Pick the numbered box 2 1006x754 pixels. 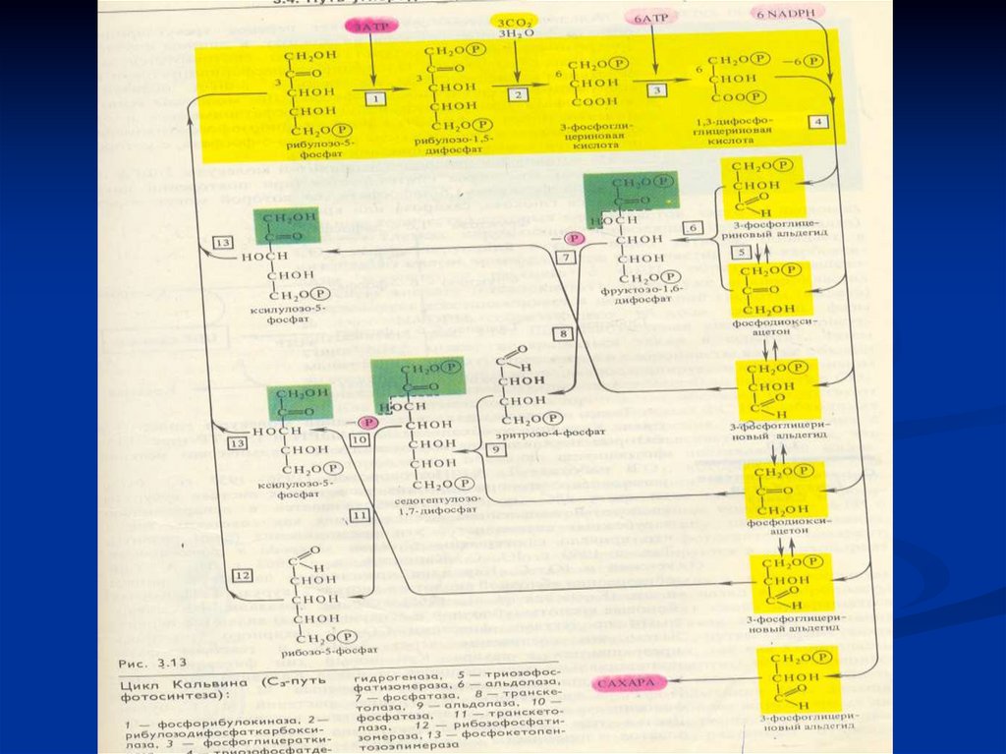[x=517, y=93]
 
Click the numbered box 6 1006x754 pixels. [x=694, y=228]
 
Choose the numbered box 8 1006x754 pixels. [x=561, y=334]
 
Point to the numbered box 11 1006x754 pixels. [x=359, y=514]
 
